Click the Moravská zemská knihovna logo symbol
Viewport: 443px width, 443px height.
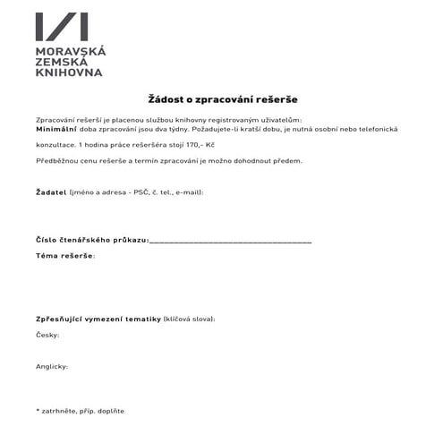point(63,28)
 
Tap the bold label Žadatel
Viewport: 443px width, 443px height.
point(51,192)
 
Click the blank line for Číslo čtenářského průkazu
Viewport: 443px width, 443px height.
point(231,240)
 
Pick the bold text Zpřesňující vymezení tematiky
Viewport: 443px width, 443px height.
point(98,319)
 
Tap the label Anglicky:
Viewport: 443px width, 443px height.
point(52,366)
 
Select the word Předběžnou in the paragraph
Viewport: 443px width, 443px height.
point(57,161)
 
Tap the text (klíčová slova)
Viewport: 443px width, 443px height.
point(190,319)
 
